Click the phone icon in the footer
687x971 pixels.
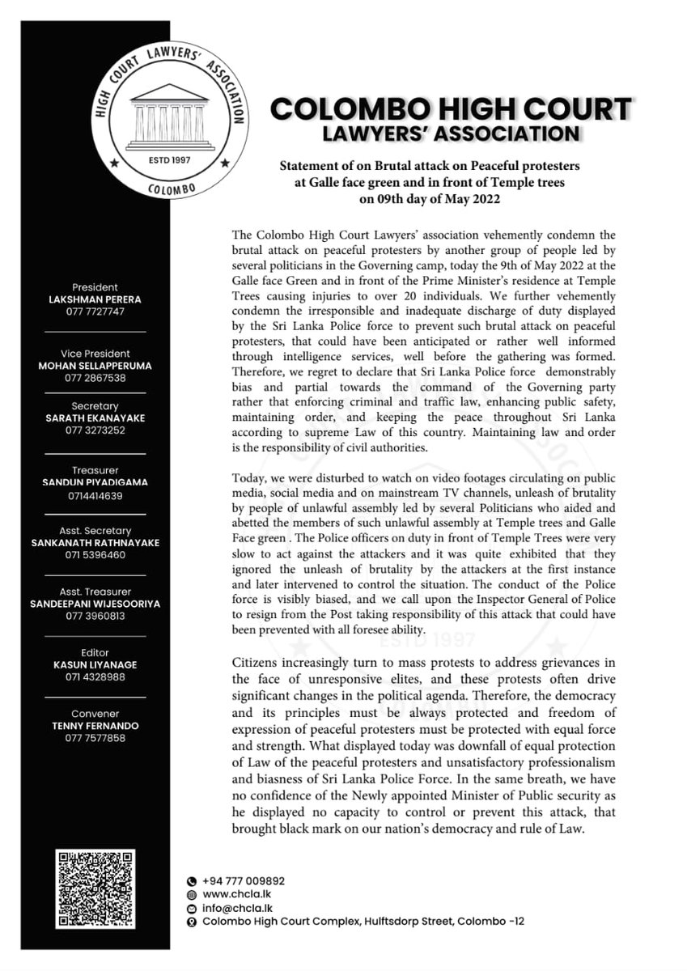tap(191, 880)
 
